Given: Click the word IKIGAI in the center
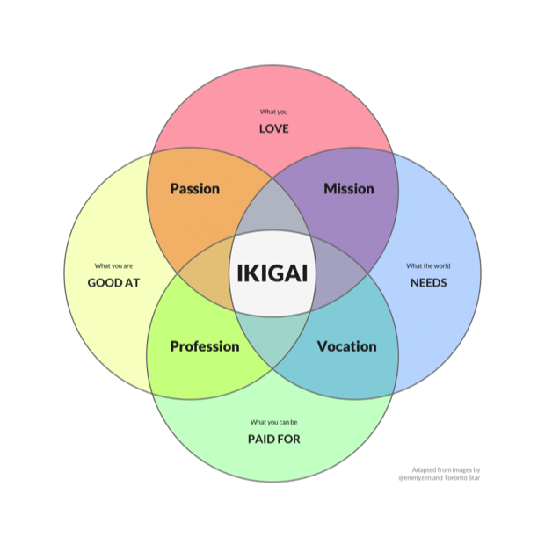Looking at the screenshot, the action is pyautogui.click(x=272, y=273).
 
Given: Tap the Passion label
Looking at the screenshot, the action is pyautogui.click(x=194, y=189).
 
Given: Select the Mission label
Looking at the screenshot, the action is pyautogui.click(x=349, y=189).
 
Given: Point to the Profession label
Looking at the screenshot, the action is pyautogui.click(x=205, y=346).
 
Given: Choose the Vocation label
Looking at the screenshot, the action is pyautogui.click(x=347, y=346).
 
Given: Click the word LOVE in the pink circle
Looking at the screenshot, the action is pyautogui.click(x=274, y=129).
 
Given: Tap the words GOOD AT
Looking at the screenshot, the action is pyautogui.click(x=113, y=283).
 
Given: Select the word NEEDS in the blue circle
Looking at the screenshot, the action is pyautogui.click(x=429, y=283).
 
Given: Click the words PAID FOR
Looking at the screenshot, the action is pyautogui.click(x=274, y=440).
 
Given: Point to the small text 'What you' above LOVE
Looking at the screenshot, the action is pyautogui.click(x=274, y=112).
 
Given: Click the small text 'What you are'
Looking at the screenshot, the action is pyautogui.click(x=113, y=266).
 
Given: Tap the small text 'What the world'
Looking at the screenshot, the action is pyautogui.click(x=428, y=266).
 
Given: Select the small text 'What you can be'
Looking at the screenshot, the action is pyautogui.click(x=274, y=422).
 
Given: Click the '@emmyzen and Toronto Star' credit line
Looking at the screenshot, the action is pyautogui.click(x=440, y=478).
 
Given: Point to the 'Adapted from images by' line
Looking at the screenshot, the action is pyautogui.click(x=446, y=470).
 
